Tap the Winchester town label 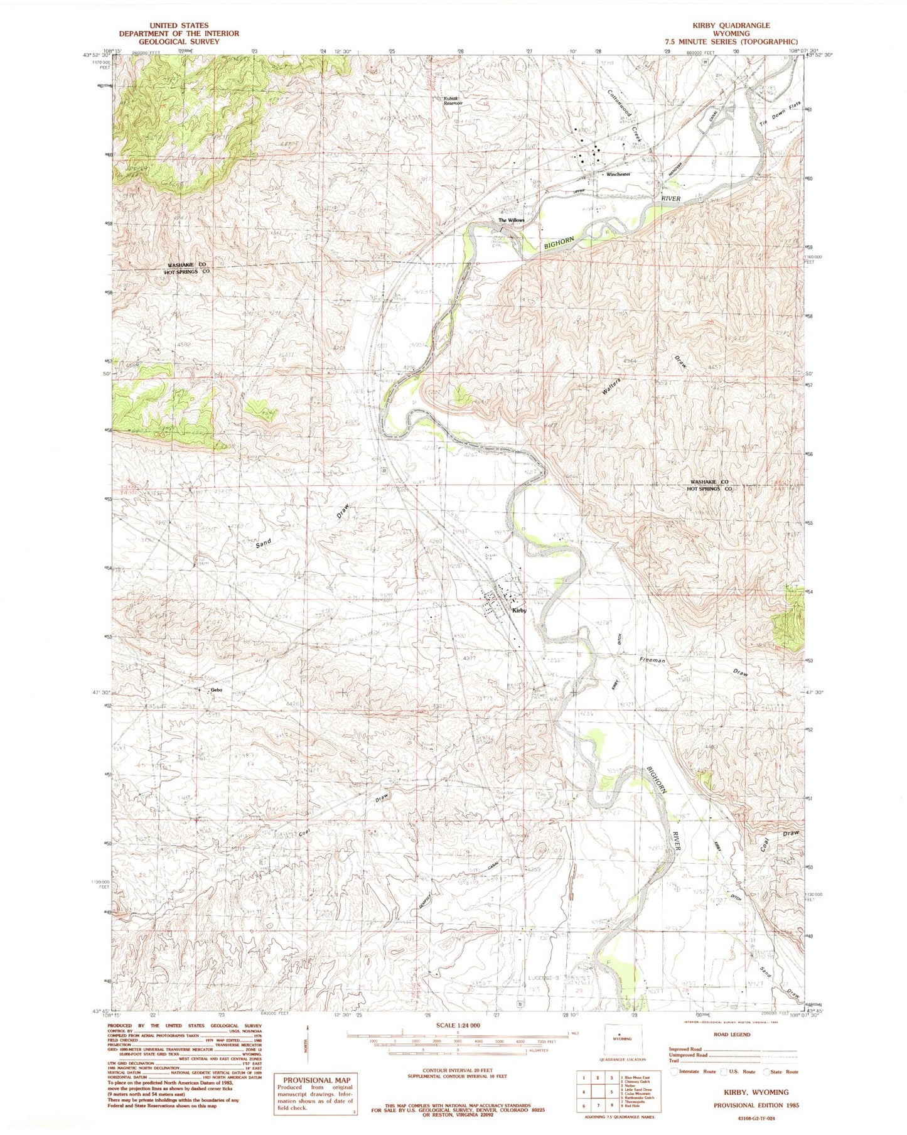618,175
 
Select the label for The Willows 511,220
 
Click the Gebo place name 217,691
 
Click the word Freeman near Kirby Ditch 652,660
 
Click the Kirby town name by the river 518,610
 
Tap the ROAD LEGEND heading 732,1035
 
